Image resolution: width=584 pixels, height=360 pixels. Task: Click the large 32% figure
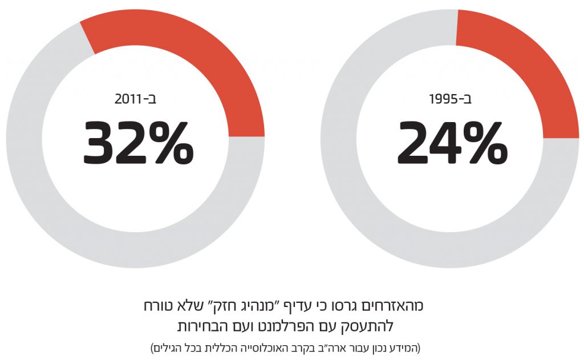[139, 143]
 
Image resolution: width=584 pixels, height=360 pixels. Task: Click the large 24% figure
[452, 143]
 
